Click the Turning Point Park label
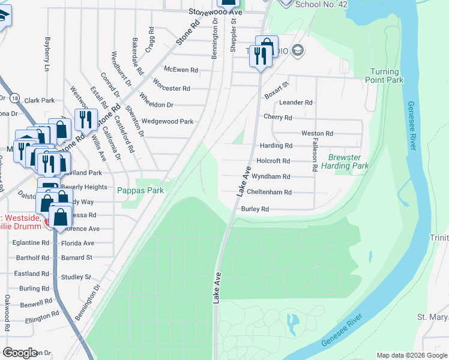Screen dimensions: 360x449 [x=385, y=75]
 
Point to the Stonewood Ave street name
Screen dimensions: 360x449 [x=214, y=11]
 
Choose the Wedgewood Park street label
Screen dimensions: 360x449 [x=167, y=121]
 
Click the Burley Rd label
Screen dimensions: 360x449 [x=255, y=209]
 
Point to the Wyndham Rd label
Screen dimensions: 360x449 [x=271, y=177]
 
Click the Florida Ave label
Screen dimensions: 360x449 [x=77, y=243]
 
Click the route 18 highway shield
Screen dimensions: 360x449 [x=15, y=97]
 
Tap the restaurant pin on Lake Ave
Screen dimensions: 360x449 [x=260, y=57]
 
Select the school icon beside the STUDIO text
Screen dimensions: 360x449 [x=296, y=52]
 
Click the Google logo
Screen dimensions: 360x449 [x=20, y=353]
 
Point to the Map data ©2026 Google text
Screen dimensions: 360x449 [x=411, y=355]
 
